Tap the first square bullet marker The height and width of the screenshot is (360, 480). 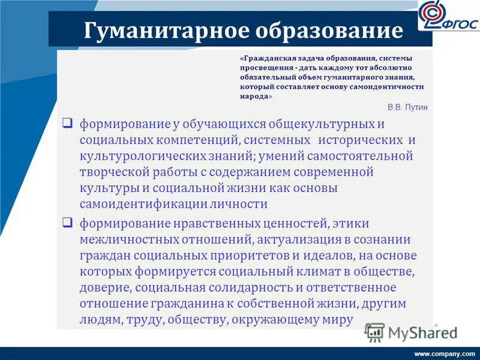(x=68, y=124)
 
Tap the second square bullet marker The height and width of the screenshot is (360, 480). (x=68, y=223)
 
